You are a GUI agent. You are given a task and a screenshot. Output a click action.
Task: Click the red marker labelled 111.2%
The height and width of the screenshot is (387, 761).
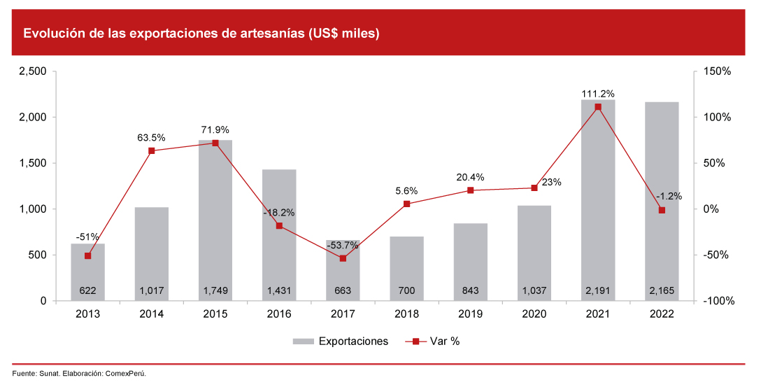tap(598, 107)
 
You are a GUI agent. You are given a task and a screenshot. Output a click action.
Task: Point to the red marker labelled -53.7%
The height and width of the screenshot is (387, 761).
tap(343, 258)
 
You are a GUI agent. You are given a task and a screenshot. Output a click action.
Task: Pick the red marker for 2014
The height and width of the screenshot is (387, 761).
tap(152, 150)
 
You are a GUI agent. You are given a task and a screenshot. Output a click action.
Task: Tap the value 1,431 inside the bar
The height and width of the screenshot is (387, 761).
tap(279, 290)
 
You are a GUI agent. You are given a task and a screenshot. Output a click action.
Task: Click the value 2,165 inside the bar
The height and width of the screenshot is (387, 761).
tap(662, 290)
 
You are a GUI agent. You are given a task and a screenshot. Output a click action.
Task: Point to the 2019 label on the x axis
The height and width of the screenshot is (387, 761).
tap(470, 315)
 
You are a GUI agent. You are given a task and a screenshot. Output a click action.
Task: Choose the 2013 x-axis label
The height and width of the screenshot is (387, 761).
tap(88, 315)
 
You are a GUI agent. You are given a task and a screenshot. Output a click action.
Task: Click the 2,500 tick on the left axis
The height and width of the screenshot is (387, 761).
tap(33, 71)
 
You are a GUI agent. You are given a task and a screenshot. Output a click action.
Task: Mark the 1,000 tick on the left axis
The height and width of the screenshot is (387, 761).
tap(33, 209)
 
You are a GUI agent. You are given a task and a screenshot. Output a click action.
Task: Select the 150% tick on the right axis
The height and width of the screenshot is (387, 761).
tap(718, 71)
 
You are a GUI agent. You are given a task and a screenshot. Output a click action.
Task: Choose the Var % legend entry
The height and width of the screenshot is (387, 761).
tap(444, 342)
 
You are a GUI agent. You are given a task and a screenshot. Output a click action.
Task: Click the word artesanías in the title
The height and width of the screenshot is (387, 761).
tap(269, 34)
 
